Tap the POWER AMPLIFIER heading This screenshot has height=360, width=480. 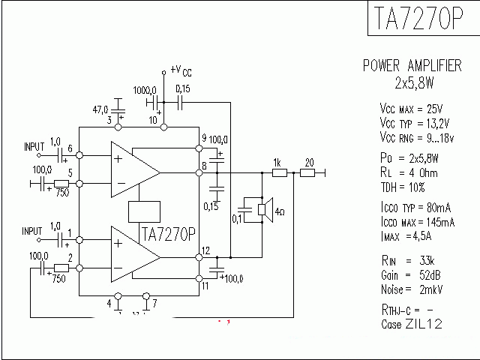coord(412,66)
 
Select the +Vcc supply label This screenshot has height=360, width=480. coord(181,70)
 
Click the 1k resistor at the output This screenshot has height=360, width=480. coord(279,173)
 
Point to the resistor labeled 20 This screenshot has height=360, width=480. coord(308,173)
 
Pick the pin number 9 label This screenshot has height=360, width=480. coord(204,139)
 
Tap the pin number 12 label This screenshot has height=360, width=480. coord(205,250)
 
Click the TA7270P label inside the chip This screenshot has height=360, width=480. coord(168,235)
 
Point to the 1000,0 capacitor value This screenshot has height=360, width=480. coord(145,88)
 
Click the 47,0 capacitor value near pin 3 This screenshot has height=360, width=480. coord(100,109)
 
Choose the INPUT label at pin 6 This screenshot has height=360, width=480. coord(34,145)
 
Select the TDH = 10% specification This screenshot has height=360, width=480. coord(403,187)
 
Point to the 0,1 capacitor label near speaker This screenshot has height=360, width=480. coord(237,219)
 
